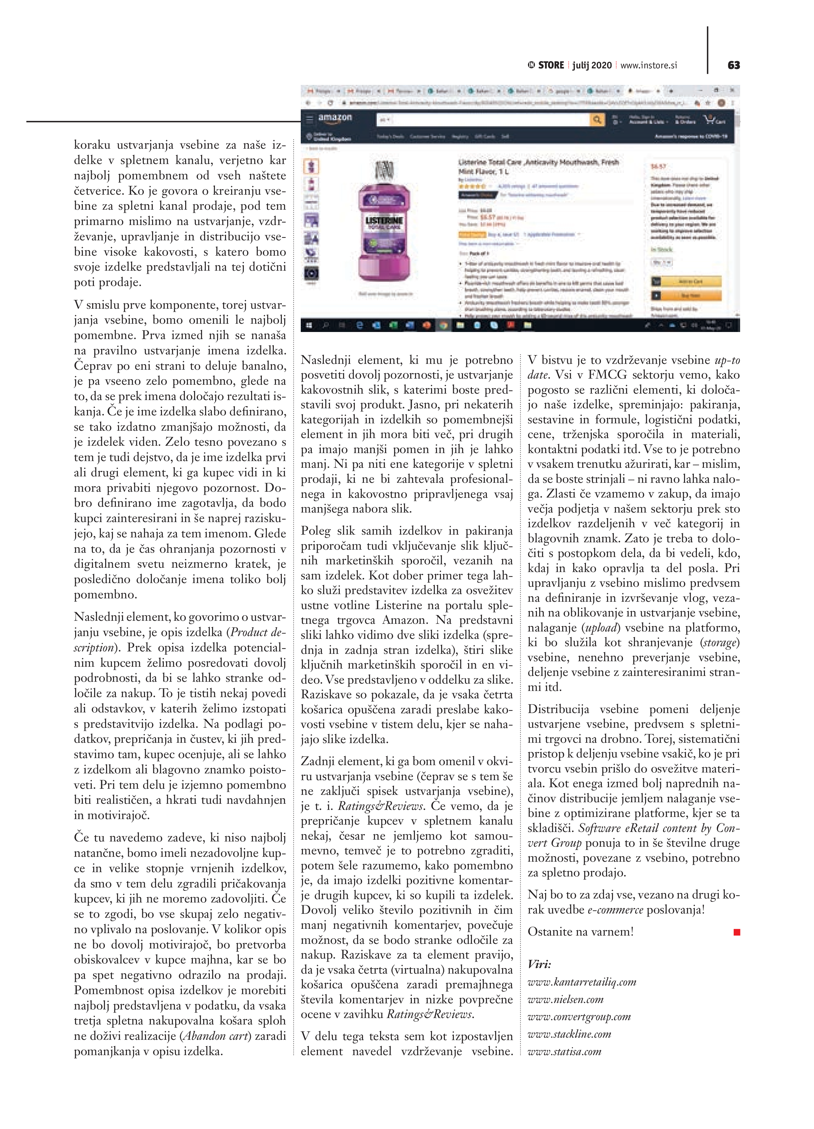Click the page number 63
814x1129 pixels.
(x=733, y=65)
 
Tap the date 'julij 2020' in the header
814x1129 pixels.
(x=592, y=65)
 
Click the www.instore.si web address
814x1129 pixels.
(x=649, y=65)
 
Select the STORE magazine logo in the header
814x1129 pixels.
(x=546, y=65)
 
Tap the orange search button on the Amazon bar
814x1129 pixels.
(x=596, y=120)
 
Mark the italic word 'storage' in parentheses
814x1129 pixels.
(x=720, y=643)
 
